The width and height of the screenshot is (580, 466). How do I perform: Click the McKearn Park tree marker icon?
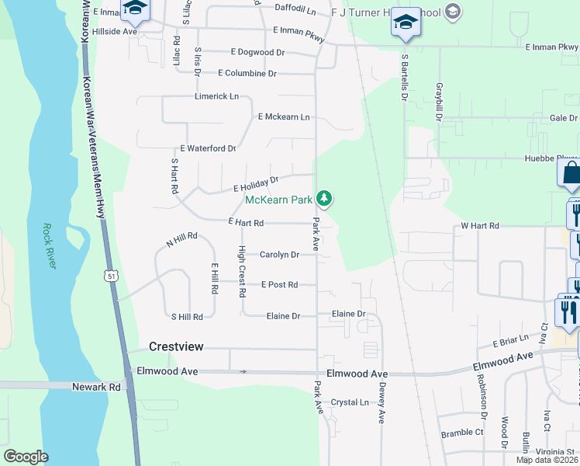click(325, 200)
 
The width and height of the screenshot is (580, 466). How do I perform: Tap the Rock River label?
click(50, 247)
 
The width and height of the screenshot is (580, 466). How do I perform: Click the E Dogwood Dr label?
click(257, 53)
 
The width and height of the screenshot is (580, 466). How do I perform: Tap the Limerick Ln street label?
click(216, 96)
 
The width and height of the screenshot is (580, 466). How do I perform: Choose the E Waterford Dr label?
click(207, 148)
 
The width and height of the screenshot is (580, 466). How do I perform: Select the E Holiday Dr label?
click(255, 184)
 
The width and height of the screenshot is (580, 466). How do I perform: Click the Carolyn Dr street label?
click(279, 255)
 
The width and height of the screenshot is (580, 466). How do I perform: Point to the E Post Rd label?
click(279, 285)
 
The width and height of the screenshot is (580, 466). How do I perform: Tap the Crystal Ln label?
click(350, 402)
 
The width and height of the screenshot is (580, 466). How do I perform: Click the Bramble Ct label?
click(462, 432)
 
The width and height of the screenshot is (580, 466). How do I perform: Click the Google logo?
click(26, 457)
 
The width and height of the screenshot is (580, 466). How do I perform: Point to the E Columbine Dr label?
click(247, 74)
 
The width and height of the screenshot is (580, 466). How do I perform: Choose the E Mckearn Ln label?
click(284, 117)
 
